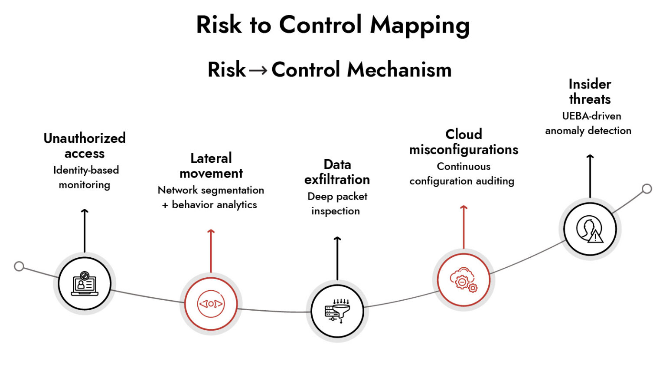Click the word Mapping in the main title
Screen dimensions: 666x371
pyautogui.click(x=420, y=26)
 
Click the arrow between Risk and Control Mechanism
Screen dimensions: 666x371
pyautogui.click(x=258, y=70)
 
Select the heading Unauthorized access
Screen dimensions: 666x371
pyautogui.click(x=85, y=146)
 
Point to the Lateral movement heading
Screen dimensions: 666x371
pyautogui.click(x=211, y=166)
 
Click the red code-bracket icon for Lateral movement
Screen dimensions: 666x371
pyautogui.click(x=211, y=304)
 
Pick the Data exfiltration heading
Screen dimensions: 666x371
pyautogui.click(x=337, y=172)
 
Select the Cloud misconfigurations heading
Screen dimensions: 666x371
pyautogui.click(x=464, y=142)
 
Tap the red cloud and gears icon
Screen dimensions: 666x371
pyautogui.click(x=463, y=280)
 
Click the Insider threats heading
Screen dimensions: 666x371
pyautogui.click(x=590, y=92)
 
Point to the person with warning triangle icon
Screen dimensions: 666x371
pyautogui.click(x=590, y=229)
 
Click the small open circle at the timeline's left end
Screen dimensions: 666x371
pyautogui.click(x=19, y=266)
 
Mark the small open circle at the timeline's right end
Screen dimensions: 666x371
pyautogui.click(x=647, y=189)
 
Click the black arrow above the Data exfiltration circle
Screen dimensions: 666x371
pyautogui.click(x=337, y=258)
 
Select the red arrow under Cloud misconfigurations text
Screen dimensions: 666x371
pyautogui.click(x=464, y=227)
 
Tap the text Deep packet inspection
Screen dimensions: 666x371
pyautogui.click(x=337, y=204)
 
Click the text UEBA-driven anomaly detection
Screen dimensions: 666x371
pyautogui.click(x=588, y=124)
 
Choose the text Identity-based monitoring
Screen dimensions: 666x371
pyautogui.click(x=85, y=177)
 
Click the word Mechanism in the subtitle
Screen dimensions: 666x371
pyautogui.click(x=399, y=70)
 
